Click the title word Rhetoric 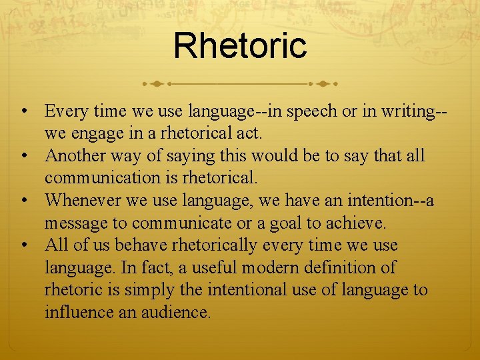tap(240, 45)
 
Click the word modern tap(274, 269)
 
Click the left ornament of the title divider tap(155, 84)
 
